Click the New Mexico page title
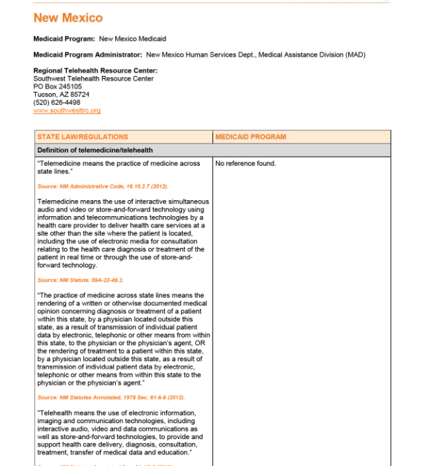coord(68,18)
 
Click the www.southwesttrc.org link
coord(67,110)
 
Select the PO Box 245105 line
coord(57,86)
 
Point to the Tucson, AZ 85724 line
coord(61,94)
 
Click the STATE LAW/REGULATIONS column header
coord(82,137)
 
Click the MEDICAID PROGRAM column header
coord(250,137)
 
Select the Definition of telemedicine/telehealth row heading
coord(94,150)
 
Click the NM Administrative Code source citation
coord(103,186)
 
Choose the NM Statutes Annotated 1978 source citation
coord(110,398)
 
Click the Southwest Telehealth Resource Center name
coord(93,79)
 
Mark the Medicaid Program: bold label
coord(64,39)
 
